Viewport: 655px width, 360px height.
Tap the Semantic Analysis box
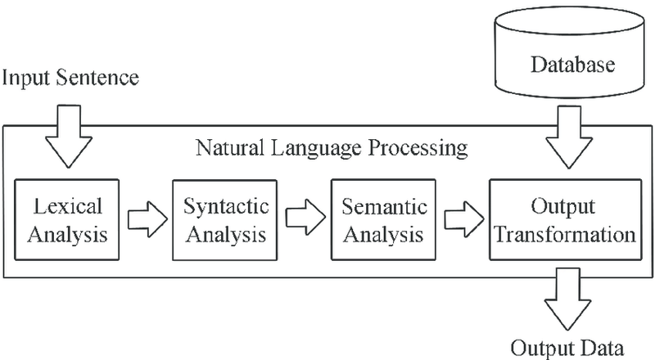[x=382, y=219]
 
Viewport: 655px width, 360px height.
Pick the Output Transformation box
[x=562, y=219]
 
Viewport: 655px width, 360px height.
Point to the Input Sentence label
[x=71, y=79]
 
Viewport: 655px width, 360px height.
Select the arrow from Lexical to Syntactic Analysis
[x=146, y=220]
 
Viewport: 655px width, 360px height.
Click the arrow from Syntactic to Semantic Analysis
[x=304, y=220]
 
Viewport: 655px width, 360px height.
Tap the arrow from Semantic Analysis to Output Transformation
[x=461, y=220]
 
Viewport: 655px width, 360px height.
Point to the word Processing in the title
[x=419, y=151]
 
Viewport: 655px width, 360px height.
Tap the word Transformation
[x=562, y=236]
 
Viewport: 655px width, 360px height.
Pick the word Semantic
[x=382, y=205]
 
